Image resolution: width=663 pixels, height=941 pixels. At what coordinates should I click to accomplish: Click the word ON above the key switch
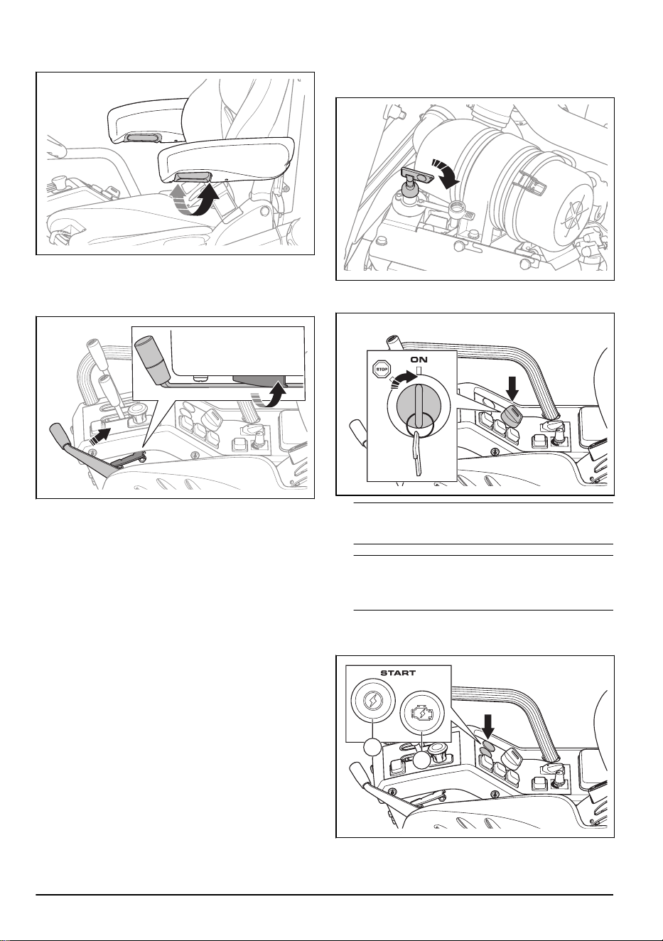pos(419,360)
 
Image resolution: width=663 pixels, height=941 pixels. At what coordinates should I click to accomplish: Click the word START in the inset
pos(398,673)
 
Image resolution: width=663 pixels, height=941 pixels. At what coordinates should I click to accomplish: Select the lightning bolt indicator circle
pos(373,701)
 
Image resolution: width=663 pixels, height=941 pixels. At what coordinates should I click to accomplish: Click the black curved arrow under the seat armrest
pos(207,201)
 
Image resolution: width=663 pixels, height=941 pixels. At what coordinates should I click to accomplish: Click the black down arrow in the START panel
pos(487,731)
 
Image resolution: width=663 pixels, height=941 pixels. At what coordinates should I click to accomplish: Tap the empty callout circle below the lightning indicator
pos(372,748)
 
